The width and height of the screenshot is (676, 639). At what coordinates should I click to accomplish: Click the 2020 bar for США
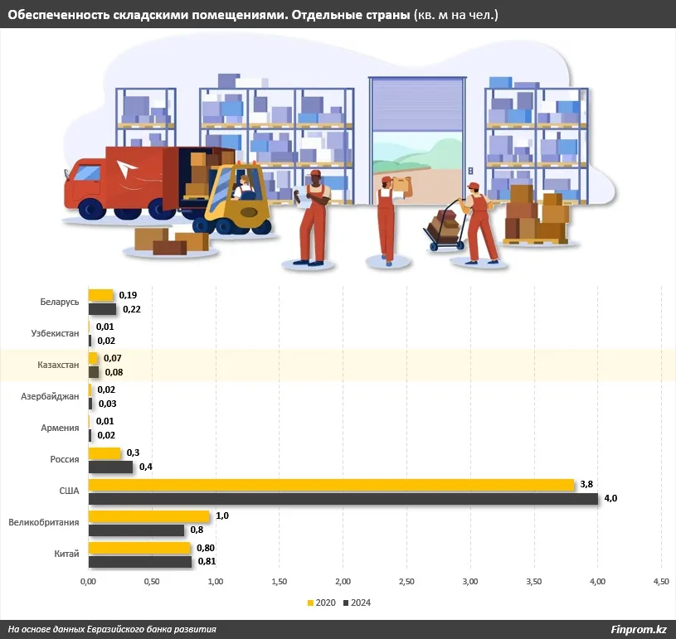pos(332,485)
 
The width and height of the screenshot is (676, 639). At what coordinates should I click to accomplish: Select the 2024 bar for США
pos(343,499)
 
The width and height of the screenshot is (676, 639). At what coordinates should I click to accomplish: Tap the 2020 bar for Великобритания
pos(149,516)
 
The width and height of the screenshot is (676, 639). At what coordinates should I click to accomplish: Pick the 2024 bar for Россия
pos(111,467)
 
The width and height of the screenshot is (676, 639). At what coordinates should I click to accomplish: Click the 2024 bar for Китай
pos(140,562)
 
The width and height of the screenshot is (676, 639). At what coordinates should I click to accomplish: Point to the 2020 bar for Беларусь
pos(100,295)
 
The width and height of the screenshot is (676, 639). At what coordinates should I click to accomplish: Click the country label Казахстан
pos(58,365)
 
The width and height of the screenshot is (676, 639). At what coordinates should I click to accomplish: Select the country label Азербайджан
pos(50,396)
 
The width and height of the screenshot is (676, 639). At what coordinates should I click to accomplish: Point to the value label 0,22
pos(131,309)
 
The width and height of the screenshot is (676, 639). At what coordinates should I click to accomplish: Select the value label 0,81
pos(207,562)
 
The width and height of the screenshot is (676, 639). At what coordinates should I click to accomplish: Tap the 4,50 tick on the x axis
pos(661,582)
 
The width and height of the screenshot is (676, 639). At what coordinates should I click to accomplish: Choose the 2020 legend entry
pos(324,603)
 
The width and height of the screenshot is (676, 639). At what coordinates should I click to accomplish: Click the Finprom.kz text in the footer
pos(639,629)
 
